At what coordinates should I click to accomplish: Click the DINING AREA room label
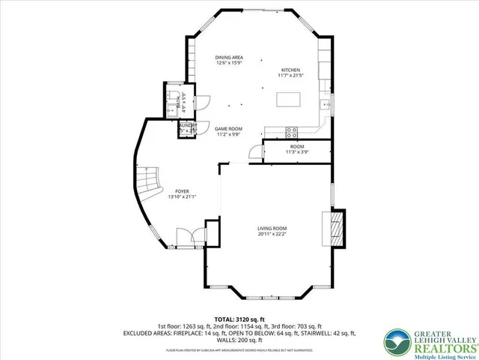pos(229,58)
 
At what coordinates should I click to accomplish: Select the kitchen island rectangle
pos(290,100)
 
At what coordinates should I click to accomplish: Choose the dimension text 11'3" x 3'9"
pos(296,152)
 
